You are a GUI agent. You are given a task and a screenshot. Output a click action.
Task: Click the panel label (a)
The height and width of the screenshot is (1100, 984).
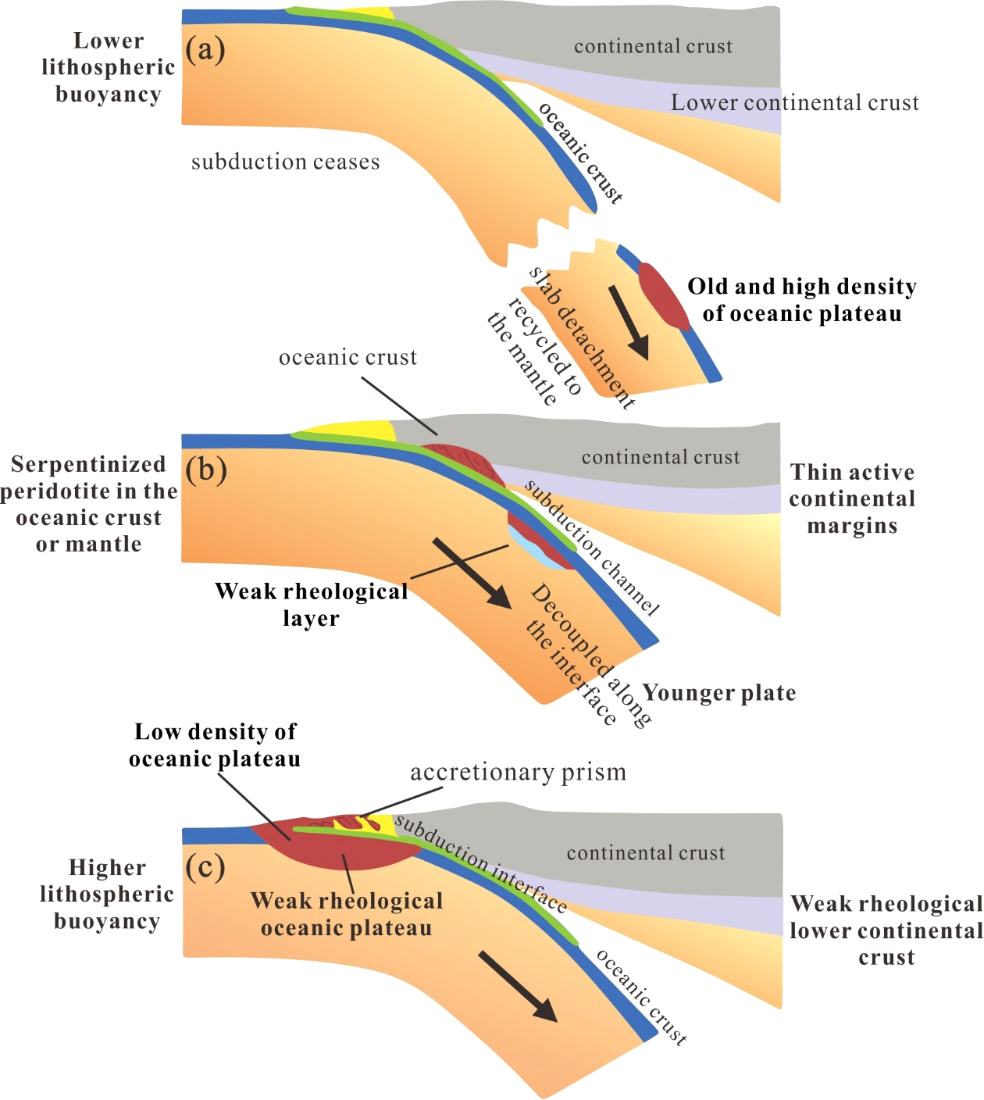[205, 50]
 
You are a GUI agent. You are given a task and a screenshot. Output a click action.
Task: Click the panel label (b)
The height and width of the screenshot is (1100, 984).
[206, 470]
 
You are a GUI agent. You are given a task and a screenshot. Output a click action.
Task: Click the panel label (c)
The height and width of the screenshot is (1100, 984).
[205, 866]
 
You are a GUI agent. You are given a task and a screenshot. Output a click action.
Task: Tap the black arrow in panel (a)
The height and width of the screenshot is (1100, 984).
[629, 322]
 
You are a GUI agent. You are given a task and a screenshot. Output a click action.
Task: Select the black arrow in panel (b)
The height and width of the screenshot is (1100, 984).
[472, 573]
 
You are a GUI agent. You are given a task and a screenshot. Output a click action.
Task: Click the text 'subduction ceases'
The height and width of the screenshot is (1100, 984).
[286, 162]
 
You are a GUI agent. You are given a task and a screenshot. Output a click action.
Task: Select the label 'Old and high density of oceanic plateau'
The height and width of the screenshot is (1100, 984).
[802, 300]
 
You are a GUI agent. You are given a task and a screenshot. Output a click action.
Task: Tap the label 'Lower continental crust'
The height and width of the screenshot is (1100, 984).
[795, 103]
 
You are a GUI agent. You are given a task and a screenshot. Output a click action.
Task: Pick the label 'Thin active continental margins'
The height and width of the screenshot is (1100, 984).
[852, 498]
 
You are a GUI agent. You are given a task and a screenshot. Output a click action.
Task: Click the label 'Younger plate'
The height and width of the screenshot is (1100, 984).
[719, 693]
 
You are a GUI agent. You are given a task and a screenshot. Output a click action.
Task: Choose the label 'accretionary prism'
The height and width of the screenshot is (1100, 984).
[519, 772]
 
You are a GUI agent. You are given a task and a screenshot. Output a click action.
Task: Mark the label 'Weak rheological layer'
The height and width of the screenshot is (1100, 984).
[311, 604]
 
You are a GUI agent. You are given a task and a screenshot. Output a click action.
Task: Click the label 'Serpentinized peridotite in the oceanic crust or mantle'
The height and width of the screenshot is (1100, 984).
[89, 504]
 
